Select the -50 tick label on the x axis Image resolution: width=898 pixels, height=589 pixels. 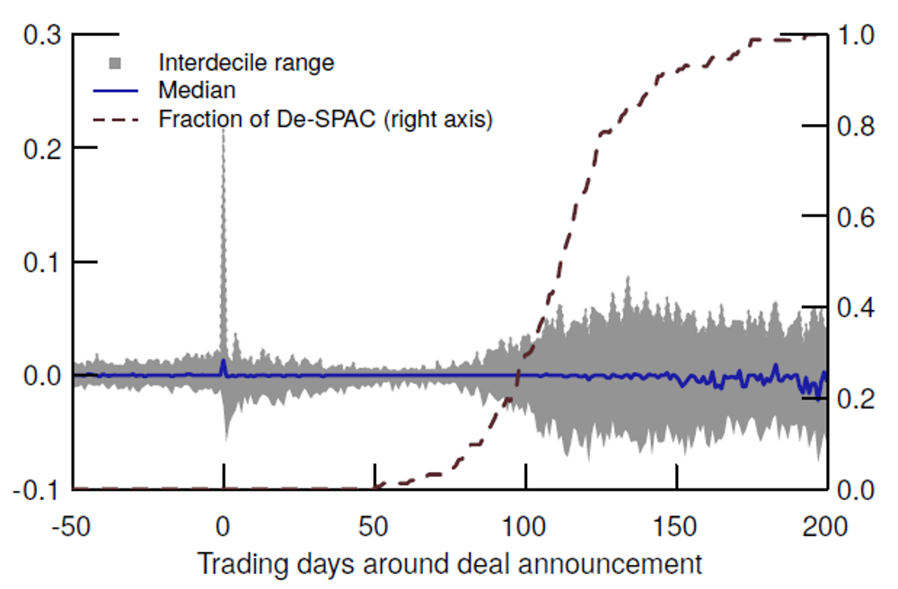point(73,525)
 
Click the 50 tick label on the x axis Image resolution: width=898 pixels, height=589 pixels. point(374,525)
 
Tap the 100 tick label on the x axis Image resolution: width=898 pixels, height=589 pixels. point(525,525)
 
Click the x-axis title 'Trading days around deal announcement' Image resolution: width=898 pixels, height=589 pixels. point(449,565)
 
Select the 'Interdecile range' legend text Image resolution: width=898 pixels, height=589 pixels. point(246,63)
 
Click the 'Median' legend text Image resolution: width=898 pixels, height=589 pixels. point(197,91)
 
